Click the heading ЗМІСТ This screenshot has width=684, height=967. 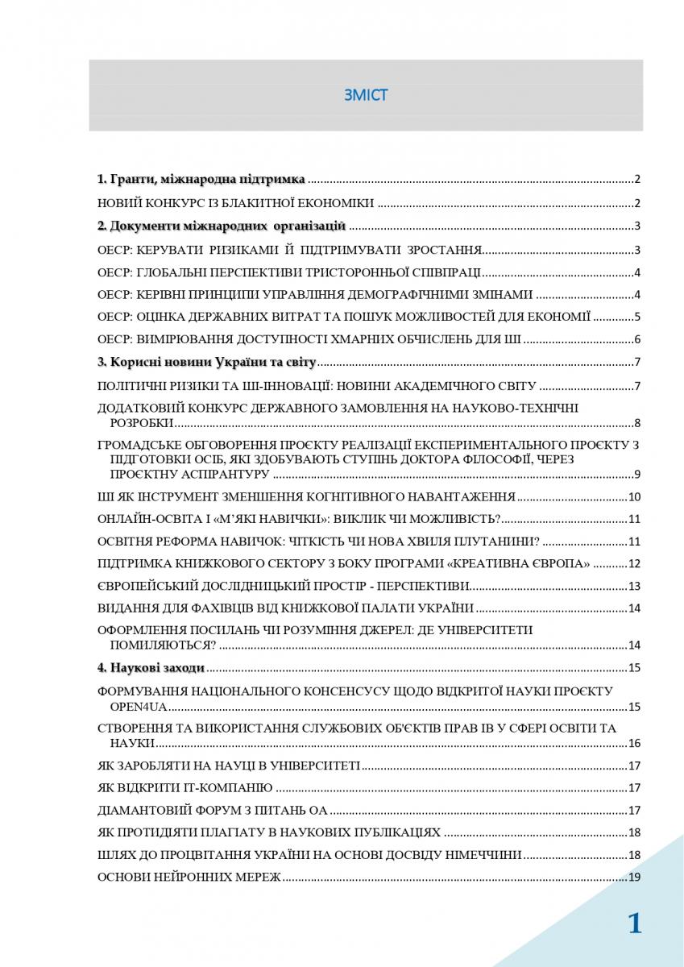point(366,95)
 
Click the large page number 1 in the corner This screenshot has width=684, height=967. point(635,923)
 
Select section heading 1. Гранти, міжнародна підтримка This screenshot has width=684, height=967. point(201,179)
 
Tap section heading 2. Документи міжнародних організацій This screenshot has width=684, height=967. point(222,226)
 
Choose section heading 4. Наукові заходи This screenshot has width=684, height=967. point(151,667)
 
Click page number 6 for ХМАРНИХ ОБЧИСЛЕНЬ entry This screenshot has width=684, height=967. point(636,339)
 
